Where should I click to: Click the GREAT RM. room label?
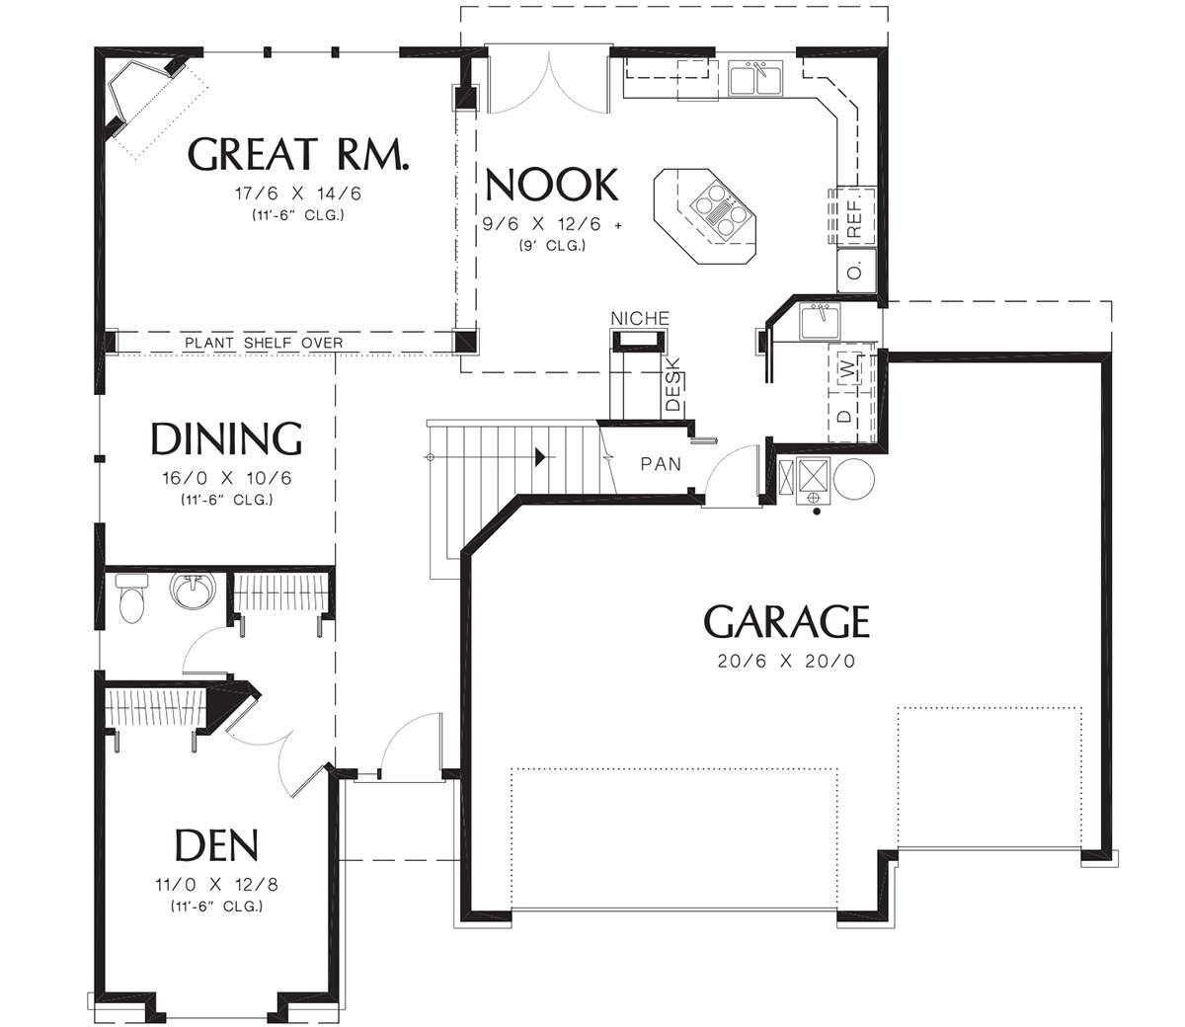[x=298, y=154]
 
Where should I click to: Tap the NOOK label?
[x=551, y=185]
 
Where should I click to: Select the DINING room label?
[x=226, y=438]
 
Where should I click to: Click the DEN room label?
[x=216, y=845]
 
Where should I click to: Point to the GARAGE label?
[x=787, y=621]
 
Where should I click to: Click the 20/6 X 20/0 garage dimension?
[x=786, y=662]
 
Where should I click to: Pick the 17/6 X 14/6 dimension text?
[x=298, y=194]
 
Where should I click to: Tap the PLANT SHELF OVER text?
[x=264, y=343]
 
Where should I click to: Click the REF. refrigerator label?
[x=854, y=218]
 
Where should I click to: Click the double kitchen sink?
[x=756, y=78]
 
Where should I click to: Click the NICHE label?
[x=640, y=318]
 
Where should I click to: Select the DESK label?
[x=673, y=384]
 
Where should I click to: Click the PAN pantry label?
[x=661, y=463]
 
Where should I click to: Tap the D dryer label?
[x=845, y=417]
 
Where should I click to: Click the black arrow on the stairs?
[x=540, y=457]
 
